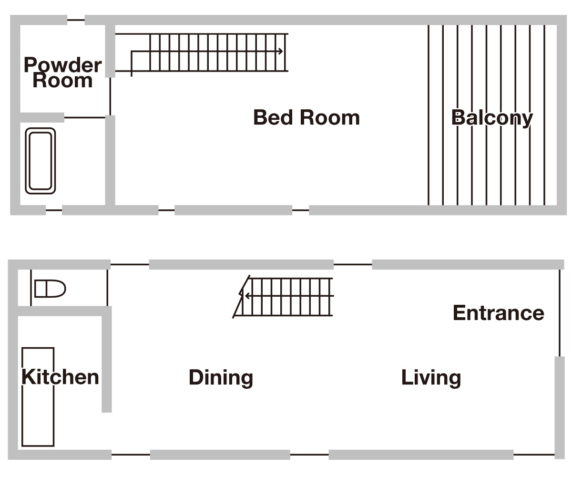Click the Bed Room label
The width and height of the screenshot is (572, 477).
[306, 117]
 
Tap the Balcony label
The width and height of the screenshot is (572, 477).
[492, 118]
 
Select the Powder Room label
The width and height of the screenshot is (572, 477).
[62, 73]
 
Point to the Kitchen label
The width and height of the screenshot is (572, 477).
[60, 377]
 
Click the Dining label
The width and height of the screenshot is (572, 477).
[221, 377]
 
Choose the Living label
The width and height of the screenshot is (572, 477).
[431, 377]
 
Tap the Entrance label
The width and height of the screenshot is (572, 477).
[498, 313]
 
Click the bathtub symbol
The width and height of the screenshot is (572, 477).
[41, 161]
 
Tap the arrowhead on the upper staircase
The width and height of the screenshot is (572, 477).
[281, 52]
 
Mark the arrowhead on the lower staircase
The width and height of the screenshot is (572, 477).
[246, 296]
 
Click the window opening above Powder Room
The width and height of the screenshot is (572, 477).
[76, 20]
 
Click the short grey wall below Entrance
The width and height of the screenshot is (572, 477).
[559, 405]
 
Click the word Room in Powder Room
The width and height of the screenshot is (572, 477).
[62, 81]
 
